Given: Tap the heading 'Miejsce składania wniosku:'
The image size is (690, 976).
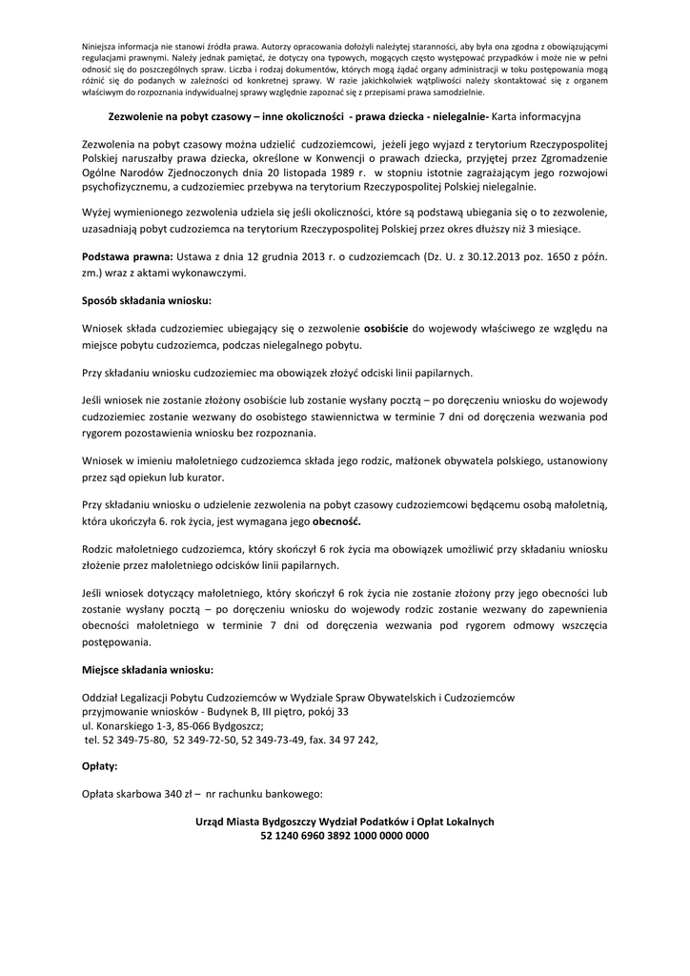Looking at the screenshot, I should point(148,669).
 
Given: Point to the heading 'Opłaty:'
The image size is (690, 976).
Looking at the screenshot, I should point(100,765).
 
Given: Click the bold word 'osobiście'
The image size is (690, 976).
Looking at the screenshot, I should point(386,328).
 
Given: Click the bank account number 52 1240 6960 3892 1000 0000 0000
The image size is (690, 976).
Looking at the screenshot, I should point(344,836).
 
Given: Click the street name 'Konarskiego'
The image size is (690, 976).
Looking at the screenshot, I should point(124,724).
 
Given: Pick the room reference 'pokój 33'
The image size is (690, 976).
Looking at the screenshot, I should point(326,711).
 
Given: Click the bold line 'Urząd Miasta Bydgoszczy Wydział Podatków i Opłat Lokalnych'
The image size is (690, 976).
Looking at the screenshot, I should point(344,822).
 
